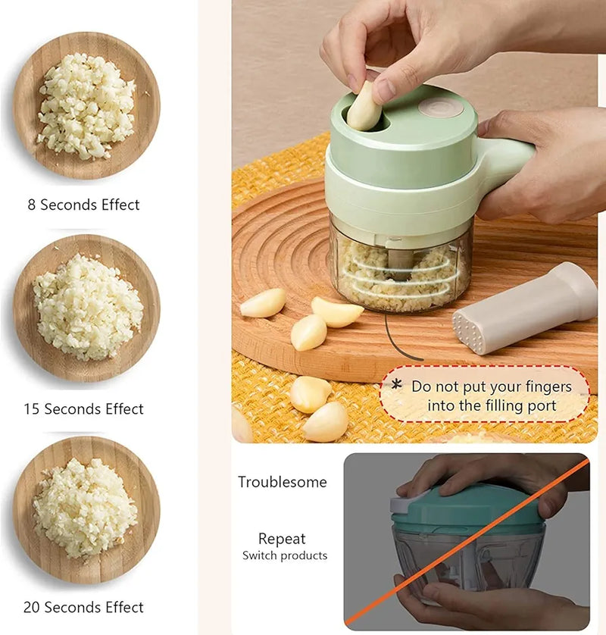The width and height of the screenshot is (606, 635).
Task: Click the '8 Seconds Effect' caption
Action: tap(83, 205)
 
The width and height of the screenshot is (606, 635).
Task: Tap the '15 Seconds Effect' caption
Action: tap(83, 409)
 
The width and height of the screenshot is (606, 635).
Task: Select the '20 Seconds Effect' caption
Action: tap(83, 607)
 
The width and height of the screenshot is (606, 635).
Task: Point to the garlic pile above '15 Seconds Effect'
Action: tap(87, 307)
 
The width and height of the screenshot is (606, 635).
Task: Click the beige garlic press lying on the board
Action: tap(523, 307)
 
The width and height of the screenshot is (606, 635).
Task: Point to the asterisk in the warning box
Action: tap(396, 385)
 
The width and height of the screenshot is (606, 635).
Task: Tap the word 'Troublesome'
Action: tap(283, 482)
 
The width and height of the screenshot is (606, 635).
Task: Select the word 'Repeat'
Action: tap(282, 539)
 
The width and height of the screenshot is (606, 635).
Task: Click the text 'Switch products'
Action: tap(285, 555)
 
